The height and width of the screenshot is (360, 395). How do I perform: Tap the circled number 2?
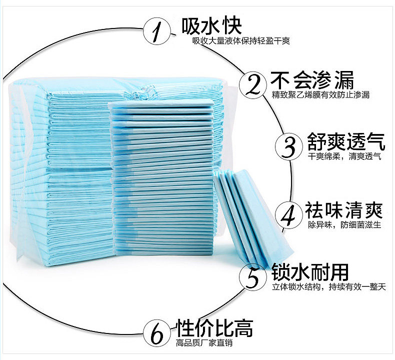[254, 83]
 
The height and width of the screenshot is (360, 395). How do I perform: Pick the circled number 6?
[157, 331]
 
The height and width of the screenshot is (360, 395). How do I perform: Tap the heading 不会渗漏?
[312, 79]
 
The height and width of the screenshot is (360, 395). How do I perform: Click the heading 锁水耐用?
[310, 272]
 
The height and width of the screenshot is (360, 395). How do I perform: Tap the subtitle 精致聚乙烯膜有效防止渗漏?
[321, 95]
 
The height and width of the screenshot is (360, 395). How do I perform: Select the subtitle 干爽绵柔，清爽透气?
[345, 157]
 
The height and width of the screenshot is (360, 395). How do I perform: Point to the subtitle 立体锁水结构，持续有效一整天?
[329, 287]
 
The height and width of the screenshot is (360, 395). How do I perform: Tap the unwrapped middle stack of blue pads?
[163, 175]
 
